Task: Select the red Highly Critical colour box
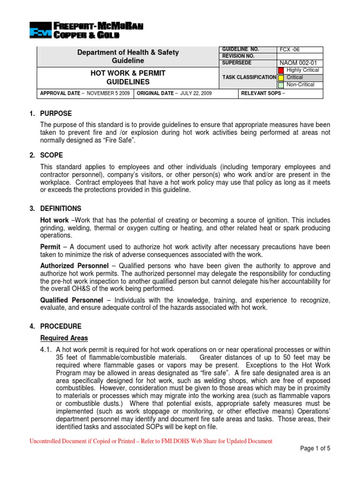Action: click(281, 70)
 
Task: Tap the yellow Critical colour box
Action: click(281, 77)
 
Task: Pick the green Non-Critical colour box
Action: click(281, 85)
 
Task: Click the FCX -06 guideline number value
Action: click(289, 50)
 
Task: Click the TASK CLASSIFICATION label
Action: click(248, 77)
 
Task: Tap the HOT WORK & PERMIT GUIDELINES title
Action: click(127, 77)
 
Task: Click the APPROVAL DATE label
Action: click(60, 94)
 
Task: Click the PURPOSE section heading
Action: click(56, 113)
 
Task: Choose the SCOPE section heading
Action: click(52, 155)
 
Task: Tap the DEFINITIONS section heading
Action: click(61, 208)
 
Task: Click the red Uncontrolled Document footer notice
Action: click(151, 441)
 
